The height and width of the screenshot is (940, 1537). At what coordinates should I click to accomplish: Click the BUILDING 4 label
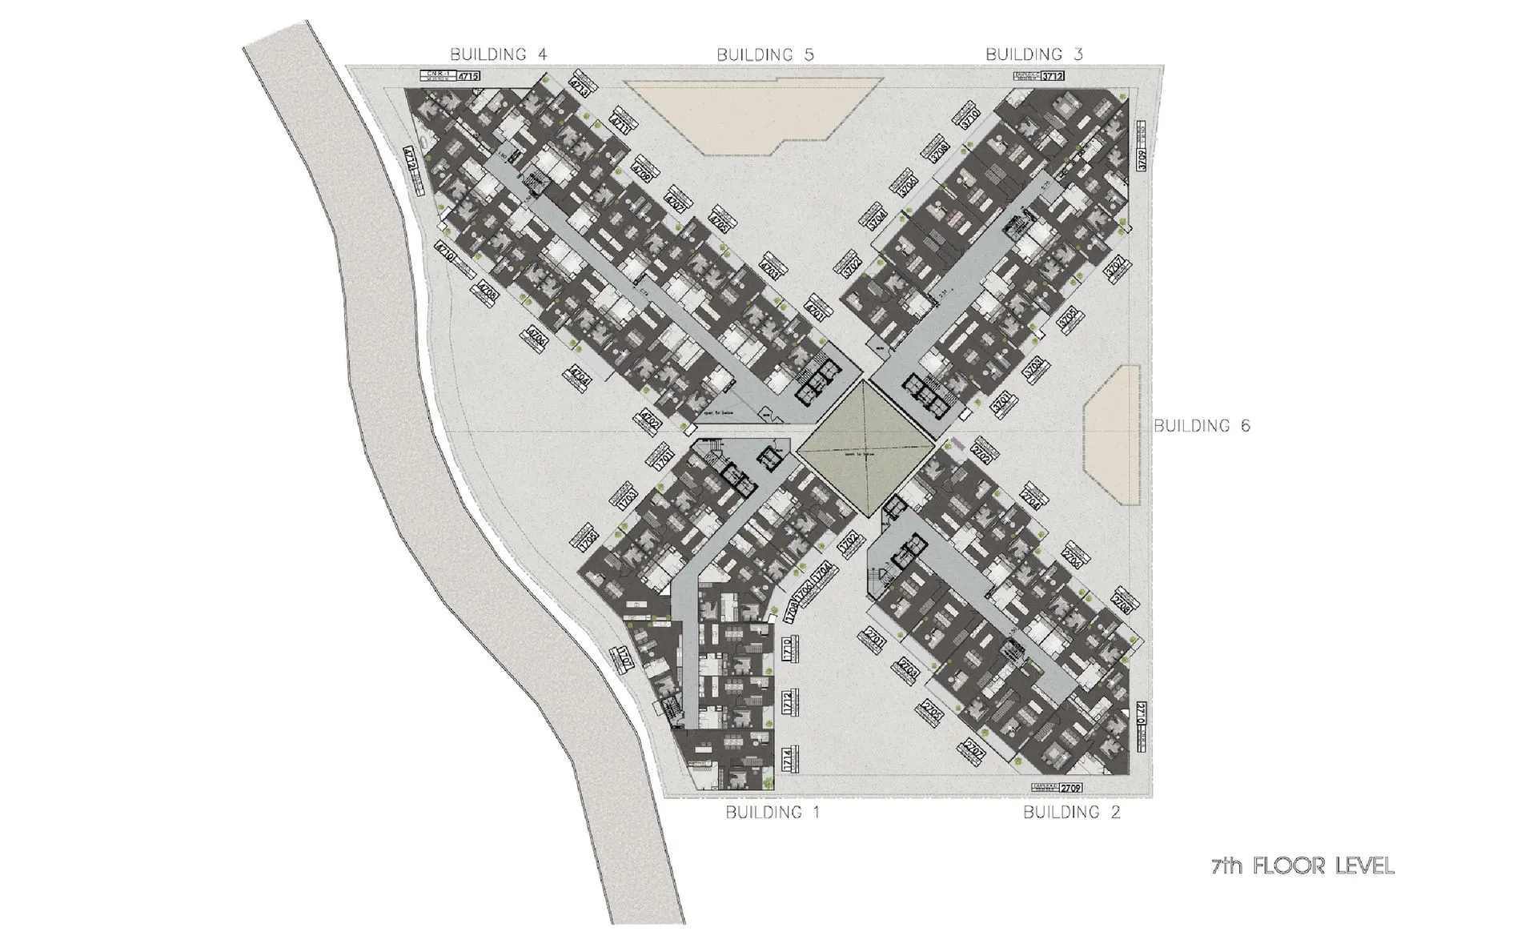498,54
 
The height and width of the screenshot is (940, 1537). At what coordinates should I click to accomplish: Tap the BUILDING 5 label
765,55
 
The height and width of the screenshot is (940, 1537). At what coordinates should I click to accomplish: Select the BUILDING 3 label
1034,54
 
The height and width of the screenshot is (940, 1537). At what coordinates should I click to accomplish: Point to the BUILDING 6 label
1202,426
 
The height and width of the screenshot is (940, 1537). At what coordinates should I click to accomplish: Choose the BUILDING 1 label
773,813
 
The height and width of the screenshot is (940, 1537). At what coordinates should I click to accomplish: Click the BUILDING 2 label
1072,813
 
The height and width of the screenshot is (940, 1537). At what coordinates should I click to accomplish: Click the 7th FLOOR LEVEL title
1302,866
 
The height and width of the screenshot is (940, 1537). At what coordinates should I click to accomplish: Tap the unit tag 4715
468,77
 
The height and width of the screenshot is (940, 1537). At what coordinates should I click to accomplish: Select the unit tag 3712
1053,77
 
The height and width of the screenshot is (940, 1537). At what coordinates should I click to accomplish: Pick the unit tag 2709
1070,788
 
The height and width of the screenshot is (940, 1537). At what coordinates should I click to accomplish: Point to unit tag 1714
788,759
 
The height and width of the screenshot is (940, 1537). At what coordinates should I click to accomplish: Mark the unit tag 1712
788,703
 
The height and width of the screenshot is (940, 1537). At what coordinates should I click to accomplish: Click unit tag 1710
788,648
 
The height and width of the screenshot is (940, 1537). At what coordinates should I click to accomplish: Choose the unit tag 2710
1142,714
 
